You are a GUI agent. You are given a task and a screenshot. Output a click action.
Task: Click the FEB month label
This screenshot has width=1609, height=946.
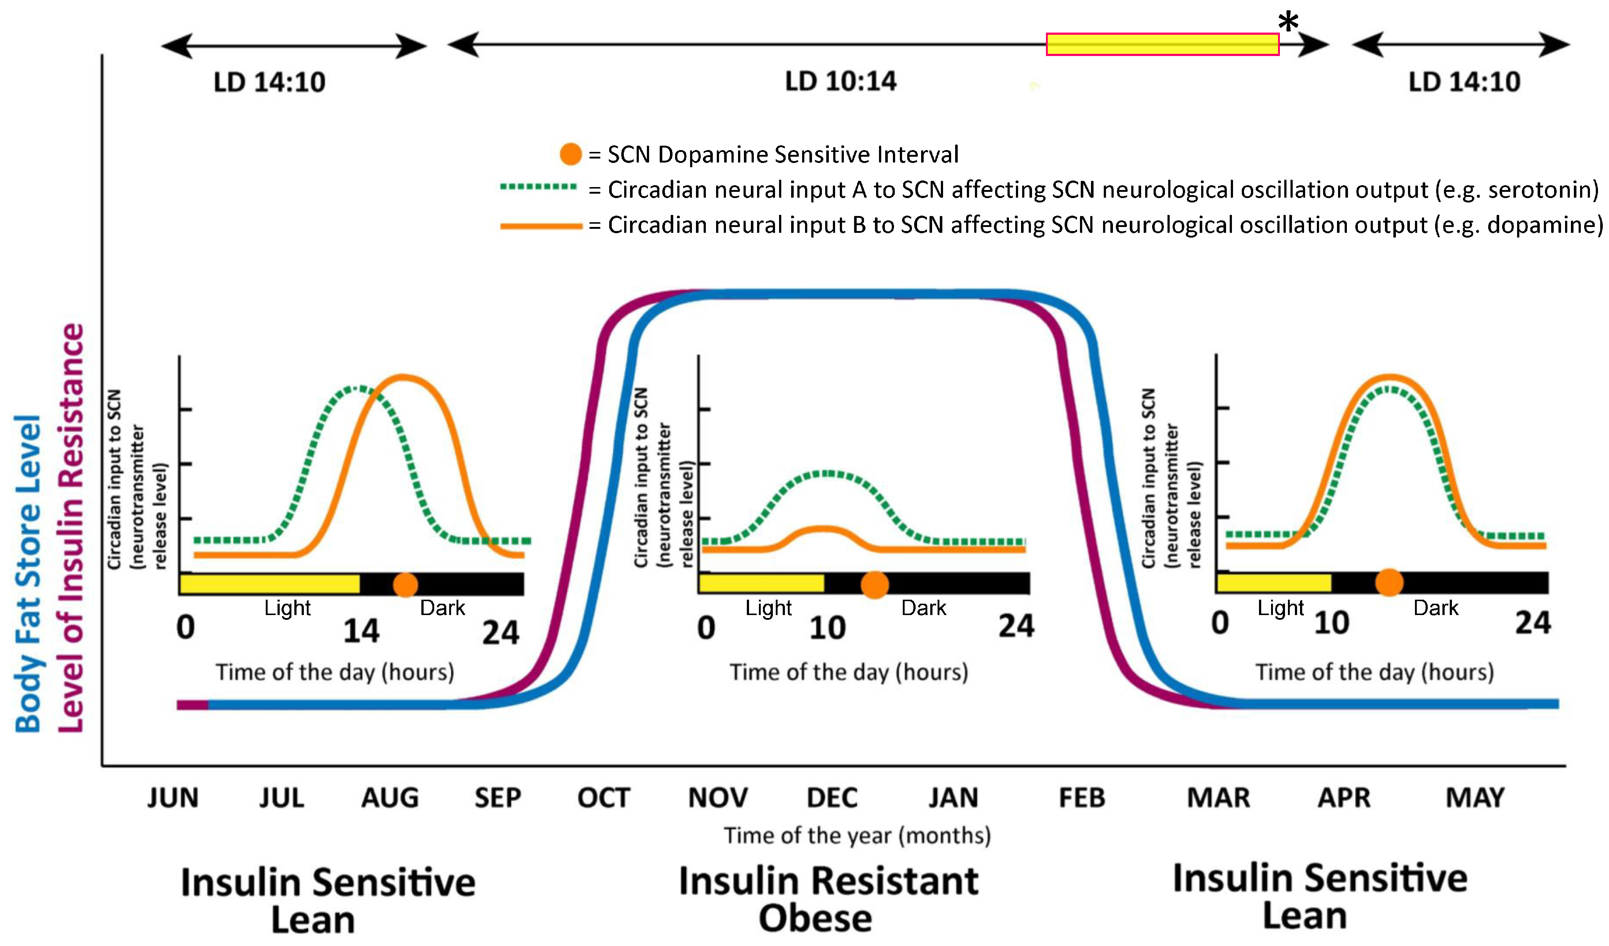1081,798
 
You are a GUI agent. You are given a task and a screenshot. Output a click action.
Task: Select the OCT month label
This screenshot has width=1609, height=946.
603,798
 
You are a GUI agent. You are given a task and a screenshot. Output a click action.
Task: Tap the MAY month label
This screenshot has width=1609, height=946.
1475,798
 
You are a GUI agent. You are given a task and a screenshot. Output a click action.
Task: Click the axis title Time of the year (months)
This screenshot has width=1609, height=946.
857,835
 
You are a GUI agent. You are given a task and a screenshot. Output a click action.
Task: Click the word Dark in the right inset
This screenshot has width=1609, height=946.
1435,608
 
